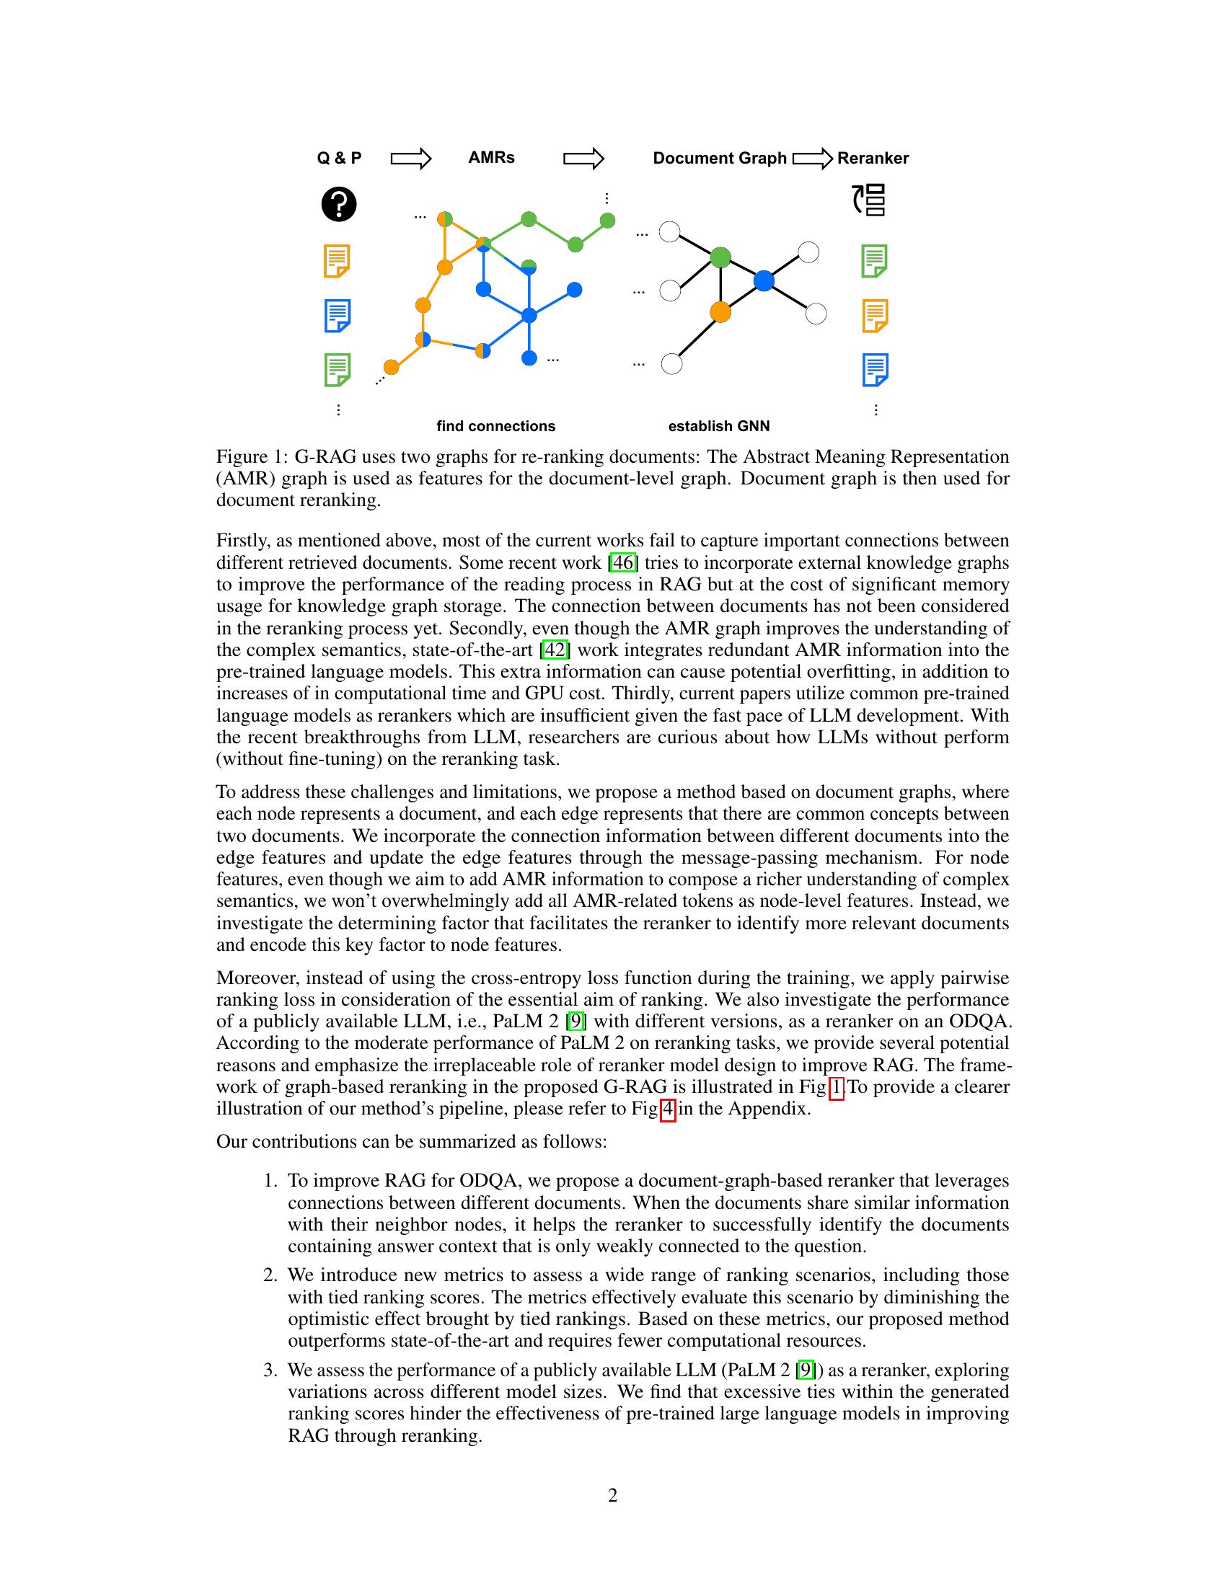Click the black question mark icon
point(338,204)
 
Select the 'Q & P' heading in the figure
point(339,158)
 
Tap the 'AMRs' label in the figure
point(491,158)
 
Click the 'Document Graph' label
point(719,159)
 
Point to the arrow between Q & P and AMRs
point(411,159)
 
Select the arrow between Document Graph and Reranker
point(812,159)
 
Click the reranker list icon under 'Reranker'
point(870,200)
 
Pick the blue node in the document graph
point(763,280)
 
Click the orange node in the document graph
point(720,311)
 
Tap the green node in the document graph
point(720,257)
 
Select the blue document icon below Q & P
point(338,315)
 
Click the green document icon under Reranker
point(875,261)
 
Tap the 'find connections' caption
point(495,426)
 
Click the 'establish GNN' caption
point(718,426)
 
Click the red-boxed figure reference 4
point(668,1108)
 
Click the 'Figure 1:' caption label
point(251,457)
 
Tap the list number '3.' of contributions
point(270,1370)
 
